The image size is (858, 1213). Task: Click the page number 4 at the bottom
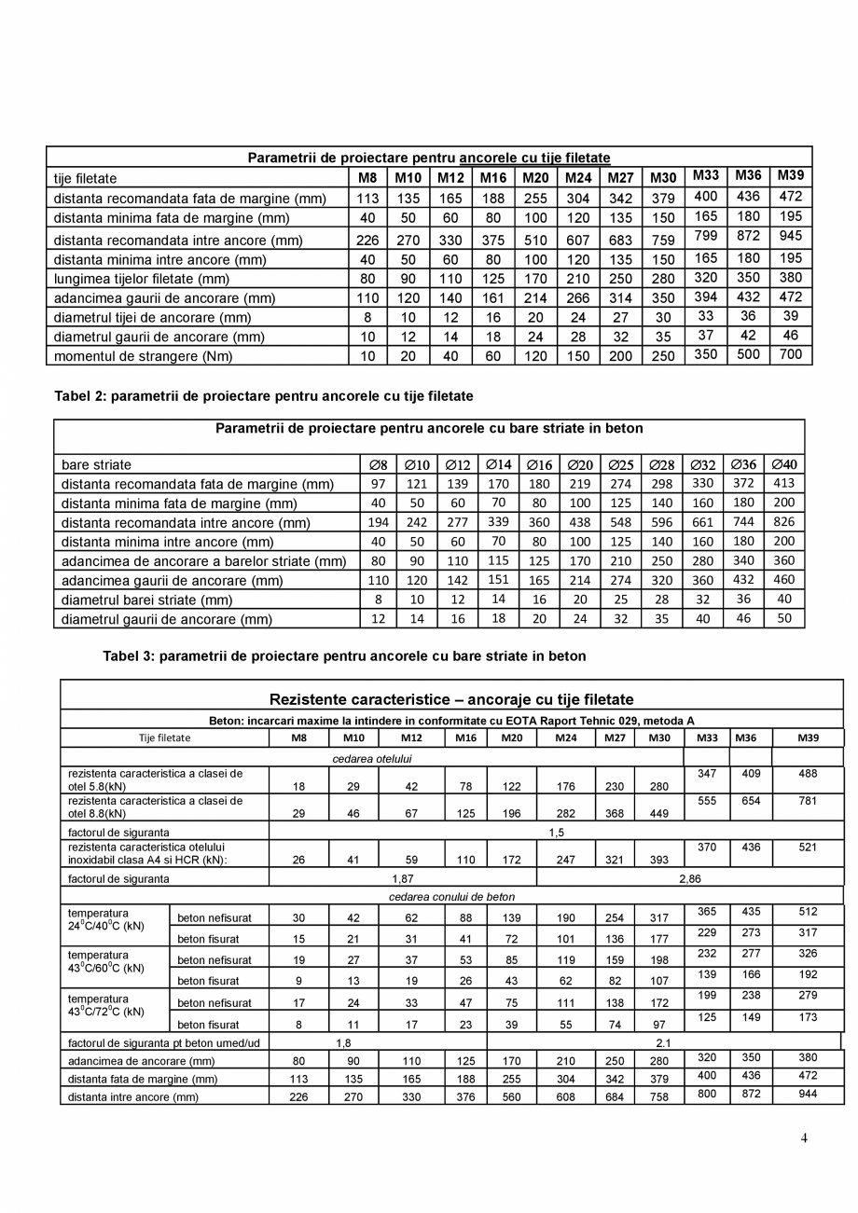[804, 1137]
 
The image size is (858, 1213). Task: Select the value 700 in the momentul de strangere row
[790, 354]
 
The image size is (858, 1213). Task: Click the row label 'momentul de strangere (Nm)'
[143, 356]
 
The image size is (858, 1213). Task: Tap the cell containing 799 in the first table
[706, 236]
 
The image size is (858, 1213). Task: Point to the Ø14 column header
[499, 464]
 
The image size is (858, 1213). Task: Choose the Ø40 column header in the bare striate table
[783, 464]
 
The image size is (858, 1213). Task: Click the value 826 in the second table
[783, 522]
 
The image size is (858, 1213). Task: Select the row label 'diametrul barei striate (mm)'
[146, 600]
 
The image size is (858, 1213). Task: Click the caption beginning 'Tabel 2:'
[264, 396]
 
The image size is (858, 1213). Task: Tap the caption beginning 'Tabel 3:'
[344, 656]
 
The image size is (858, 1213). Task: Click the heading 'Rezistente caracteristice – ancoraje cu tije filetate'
[451, 699]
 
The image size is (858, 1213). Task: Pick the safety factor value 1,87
[403, 878]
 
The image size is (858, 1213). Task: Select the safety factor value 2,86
[689, 878]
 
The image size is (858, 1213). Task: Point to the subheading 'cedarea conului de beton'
[451, 897]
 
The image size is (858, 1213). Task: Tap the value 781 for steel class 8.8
[808, 801]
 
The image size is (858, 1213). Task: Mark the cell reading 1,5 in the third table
[556, 832]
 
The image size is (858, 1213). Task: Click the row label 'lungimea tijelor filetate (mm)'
[141, 279]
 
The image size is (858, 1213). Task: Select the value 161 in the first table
[493, 298]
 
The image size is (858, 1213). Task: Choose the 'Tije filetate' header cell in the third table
[164, 737]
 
